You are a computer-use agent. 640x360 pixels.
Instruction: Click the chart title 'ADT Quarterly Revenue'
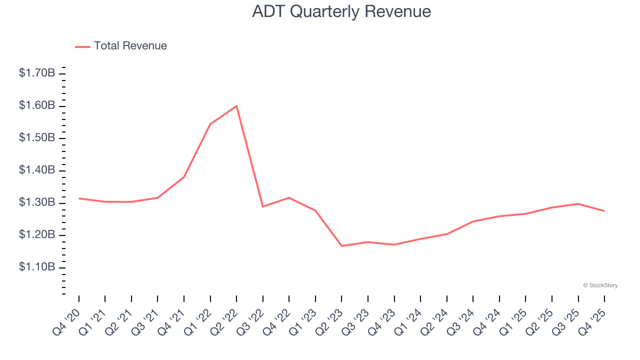(x=341, y=11)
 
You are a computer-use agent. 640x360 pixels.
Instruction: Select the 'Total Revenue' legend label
(x=130, y=46)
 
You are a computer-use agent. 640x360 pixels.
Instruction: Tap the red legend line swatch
(x=82, y=46)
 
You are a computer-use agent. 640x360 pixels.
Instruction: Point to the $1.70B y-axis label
(x=37, y=73)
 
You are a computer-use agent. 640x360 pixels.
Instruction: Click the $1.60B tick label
(x=37, y=105)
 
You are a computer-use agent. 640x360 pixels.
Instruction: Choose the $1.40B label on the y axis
(x=37, y=170)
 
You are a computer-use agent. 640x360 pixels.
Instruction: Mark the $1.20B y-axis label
(x=37, y=235)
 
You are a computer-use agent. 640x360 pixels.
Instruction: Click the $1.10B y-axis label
(x=37, y=267)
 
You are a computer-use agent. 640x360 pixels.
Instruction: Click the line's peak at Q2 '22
(x=236, y=105)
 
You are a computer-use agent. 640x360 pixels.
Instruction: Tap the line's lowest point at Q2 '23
(x=341, y=246)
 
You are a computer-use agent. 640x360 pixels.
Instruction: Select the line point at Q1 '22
(x=210, y=124)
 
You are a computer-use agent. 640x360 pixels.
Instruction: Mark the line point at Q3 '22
(x=263, y=206)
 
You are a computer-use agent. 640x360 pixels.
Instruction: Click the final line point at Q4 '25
(x=604, y=211)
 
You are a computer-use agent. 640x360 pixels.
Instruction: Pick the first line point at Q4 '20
(x=79, y=198)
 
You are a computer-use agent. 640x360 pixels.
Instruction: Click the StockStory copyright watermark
(x=600, y=285)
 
